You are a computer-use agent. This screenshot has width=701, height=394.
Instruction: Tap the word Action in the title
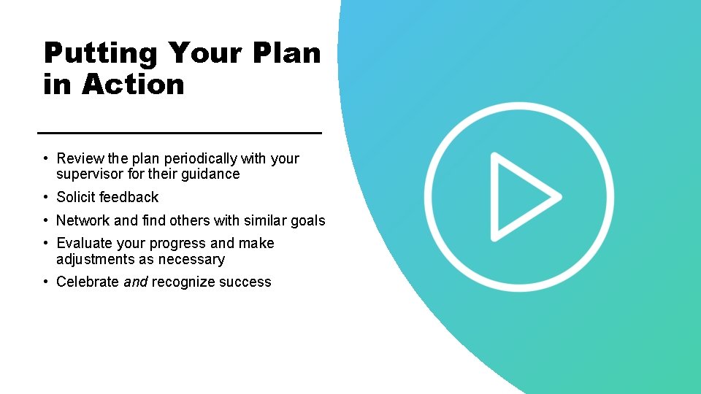(x=133, y=85)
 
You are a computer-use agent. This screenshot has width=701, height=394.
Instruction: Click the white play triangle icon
(x=521, y=196)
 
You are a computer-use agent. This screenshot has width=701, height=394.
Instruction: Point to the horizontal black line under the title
(x=179, y=133)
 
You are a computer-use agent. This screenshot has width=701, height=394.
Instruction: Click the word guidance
(x=211, y=174)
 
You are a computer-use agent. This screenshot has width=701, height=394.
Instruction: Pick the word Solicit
(x=75, y=197)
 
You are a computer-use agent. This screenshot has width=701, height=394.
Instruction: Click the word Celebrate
(x=88, y=282)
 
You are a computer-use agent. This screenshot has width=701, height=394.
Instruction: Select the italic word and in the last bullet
(x=135, y=282)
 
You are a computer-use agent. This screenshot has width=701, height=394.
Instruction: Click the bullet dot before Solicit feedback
(x=45, y=197)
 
